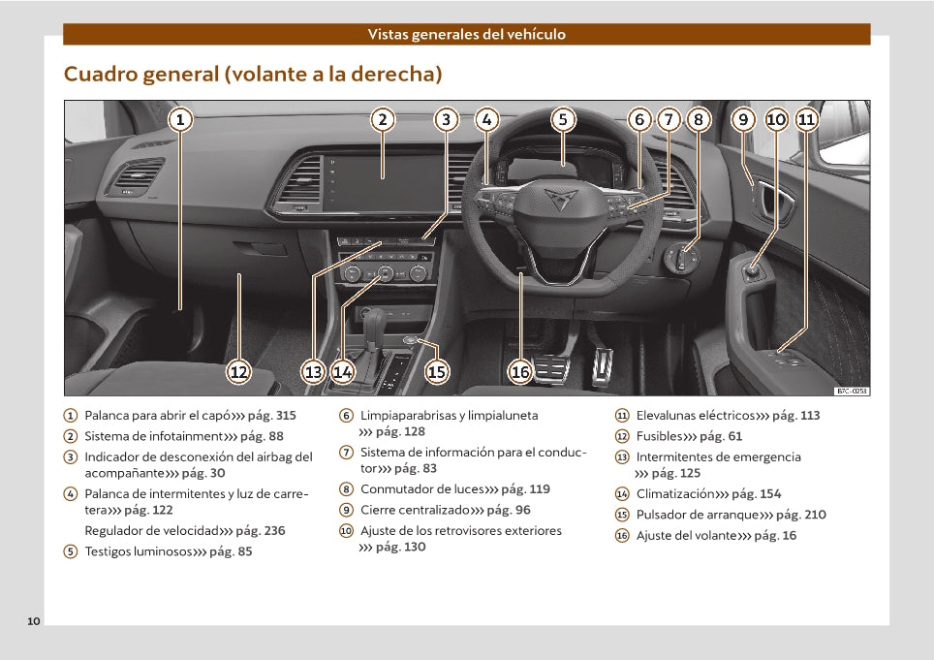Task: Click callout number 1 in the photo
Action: click(180, 120)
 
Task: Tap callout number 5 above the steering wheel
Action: click(563, 120)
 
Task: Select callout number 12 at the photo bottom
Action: click(238, 371)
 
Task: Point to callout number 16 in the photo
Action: click(520, 371)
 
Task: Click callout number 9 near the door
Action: click(743, 120)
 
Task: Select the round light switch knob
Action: click(684, 260)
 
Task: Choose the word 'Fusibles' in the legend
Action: click(660, 436)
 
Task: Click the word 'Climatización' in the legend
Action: click(674, 493)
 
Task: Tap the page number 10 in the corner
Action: click(34, 620)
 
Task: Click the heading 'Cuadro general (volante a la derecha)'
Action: click(253, 74)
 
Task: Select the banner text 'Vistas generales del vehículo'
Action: click(466, 34)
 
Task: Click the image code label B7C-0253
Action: click(852, 391)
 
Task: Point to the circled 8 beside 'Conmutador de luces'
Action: click(346, 489)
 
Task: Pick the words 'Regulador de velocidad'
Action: click(151, 530)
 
